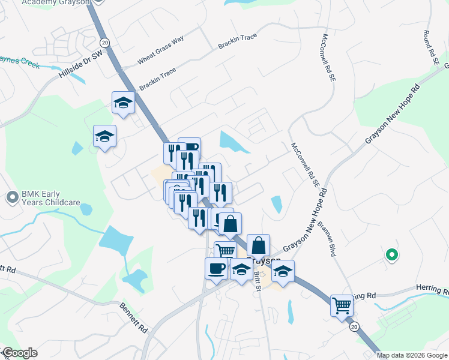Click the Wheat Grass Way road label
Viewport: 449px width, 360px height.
(160, 52)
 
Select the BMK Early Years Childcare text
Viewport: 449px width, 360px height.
(50, 198)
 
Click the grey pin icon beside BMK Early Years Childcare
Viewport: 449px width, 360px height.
(12, 197)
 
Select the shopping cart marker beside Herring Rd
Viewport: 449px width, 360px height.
(342, 305)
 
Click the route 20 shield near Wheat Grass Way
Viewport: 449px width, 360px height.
(105, 43)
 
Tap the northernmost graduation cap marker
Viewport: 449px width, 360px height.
(124, 103)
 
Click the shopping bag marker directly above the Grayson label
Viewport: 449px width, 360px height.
(258, 245)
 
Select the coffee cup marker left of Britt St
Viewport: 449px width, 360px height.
(216, 268)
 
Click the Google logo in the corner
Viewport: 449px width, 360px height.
(19, 353)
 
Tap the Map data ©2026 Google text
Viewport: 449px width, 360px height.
(411, 355)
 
